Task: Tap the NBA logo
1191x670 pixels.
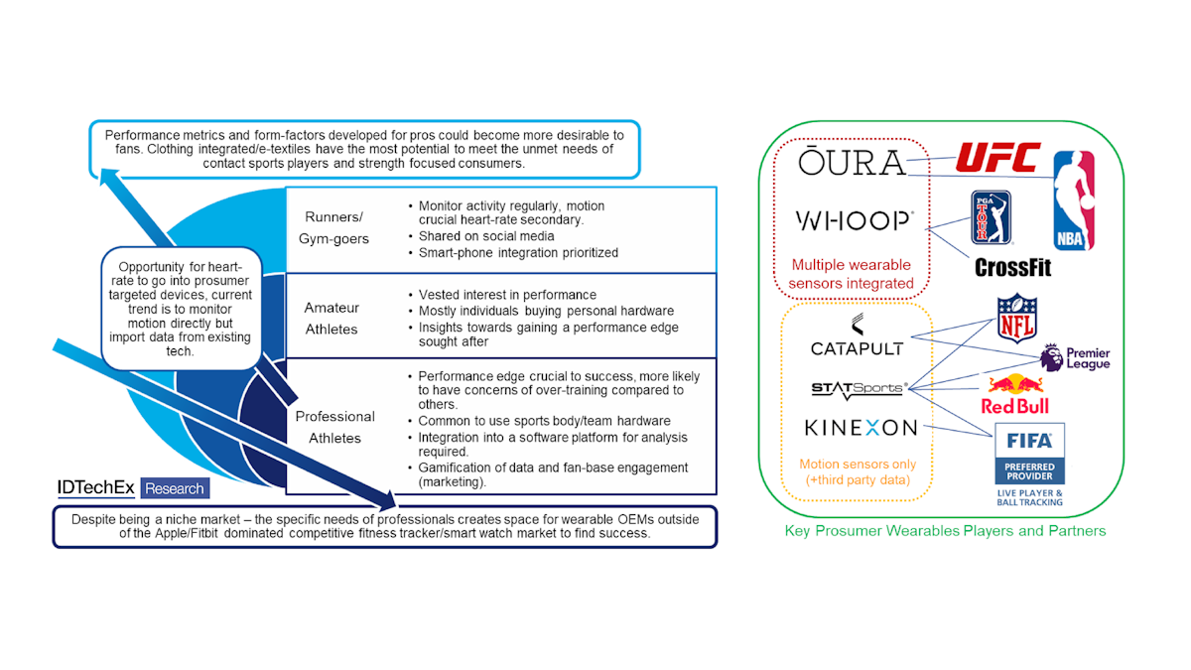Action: pos(1074,201)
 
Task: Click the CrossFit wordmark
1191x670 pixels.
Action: pos(1012,268)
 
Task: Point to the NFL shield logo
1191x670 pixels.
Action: pos(1015,317)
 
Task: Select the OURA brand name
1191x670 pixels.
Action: pos(853,162)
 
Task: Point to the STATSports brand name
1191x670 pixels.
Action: pos(857,388)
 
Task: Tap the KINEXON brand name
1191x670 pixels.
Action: pos(860,428)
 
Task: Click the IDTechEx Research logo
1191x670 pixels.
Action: pos(132,487)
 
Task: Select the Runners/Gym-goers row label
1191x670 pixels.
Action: pos(335,228)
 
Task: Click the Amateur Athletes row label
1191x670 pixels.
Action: pos(331,318)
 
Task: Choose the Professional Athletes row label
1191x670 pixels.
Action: pos(334,427)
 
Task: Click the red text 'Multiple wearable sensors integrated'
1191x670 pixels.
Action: pos(853,274)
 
